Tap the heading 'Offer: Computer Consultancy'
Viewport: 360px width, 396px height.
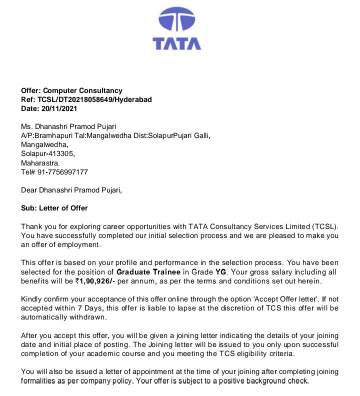click(x=71, y=90)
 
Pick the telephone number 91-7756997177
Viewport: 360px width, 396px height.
click(x=62, y=171)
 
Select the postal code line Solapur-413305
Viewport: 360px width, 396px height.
click(x=47, y=153)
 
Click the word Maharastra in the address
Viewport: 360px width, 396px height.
click(x=40, y=162)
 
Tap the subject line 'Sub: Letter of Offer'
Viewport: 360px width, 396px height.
click(x=54, y=208)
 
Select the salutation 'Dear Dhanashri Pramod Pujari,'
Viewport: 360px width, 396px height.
click(x=71, y=190)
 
